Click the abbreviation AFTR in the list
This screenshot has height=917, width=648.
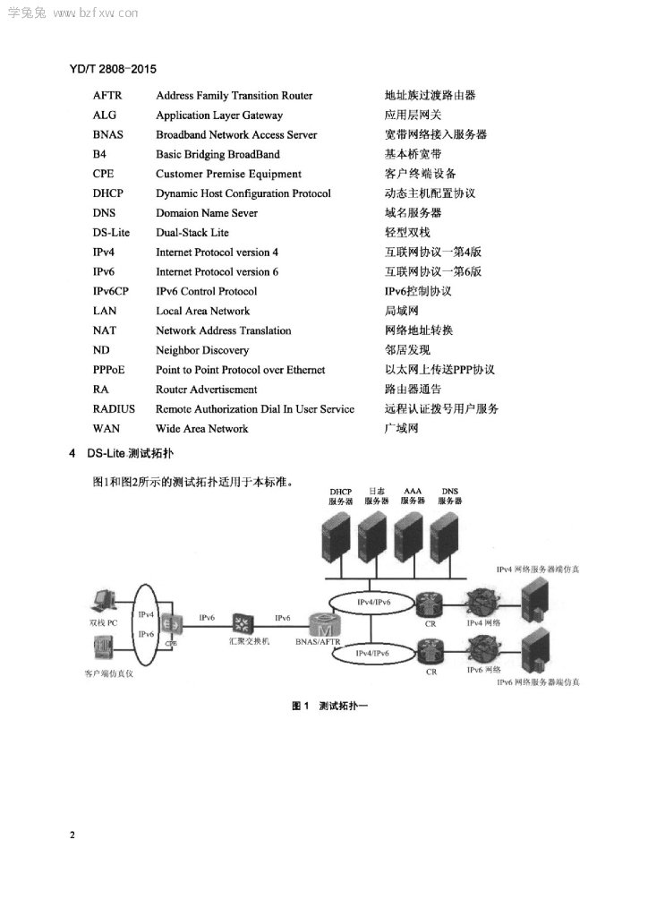click(107, 95)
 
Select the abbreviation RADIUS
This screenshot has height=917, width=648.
click(114, 408)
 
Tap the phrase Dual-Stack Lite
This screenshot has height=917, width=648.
click(192, 232)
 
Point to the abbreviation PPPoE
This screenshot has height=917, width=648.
click(108, 370)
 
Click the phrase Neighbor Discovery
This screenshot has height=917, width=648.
click(202, 350)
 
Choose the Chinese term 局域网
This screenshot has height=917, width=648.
click(401, 311)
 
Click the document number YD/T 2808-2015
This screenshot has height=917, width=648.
click(113, 69)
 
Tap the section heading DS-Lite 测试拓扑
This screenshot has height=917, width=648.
click(130, 453)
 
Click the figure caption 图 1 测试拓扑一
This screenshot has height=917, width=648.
click(329, 706)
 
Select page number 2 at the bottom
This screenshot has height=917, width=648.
click(72, 835)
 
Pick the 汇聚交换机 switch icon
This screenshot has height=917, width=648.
click(243, 623)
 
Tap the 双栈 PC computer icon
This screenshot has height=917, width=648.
click(104, 602)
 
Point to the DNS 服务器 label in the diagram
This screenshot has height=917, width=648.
click(450, 496)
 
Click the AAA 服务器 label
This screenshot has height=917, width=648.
click(413, 496)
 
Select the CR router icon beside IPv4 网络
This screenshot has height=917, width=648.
click(430, 604)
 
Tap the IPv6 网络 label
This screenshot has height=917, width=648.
click(484, 670)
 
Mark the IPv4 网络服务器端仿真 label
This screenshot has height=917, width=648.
click(538, 569)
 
